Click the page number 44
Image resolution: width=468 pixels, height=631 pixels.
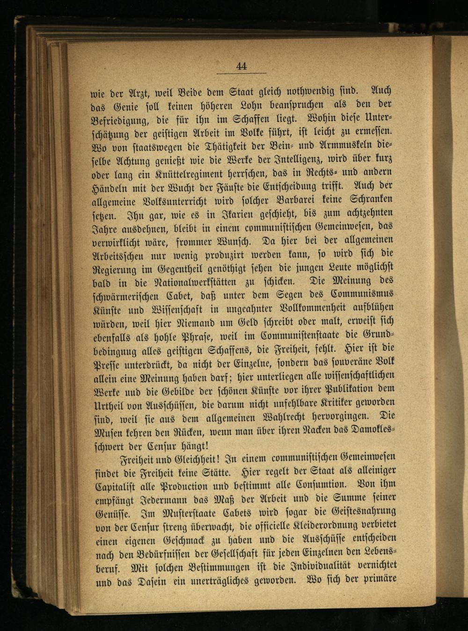point(241,66)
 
